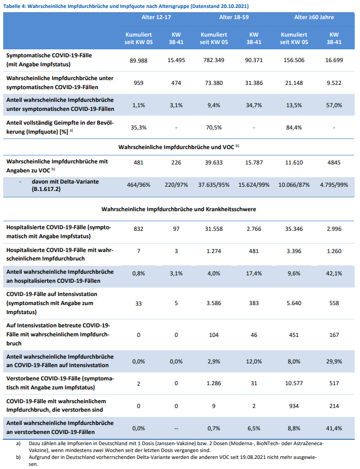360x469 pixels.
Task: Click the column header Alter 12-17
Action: coord(157,17)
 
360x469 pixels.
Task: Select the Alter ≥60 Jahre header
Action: coord(314,17)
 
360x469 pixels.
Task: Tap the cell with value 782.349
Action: coord(214,60)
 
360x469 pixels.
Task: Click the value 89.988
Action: coord(139,60)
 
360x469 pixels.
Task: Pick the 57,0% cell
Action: coord(334,105)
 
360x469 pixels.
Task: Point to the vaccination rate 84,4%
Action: coord(294,127)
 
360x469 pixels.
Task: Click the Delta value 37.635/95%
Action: coord(214,186)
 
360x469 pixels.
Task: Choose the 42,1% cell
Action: coord(334,273)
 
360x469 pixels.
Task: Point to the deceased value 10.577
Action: coord(294,383)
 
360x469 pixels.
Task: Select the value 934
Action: coord(294,406)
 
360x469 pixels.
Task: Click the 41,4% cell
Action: coord(334,428)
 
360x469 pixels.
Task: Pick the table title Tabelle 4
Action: coord(126,5)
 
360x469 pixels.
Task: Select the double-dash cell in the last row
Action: coord(176,428)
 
